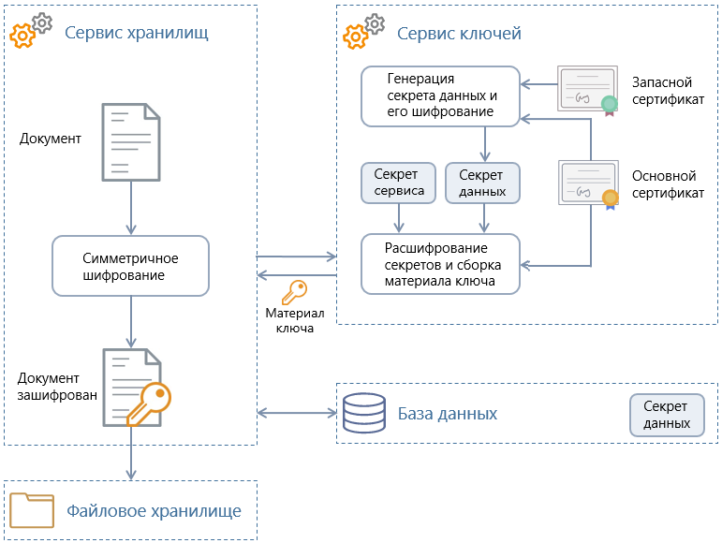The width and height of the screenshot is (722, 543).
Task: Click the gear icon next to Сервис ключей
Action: coord(363,32)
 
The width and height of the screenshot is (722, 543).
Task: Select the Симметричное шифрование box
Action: coord(130,266)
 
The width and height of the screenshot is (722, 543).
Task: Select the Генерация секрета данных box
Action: coord(440,95)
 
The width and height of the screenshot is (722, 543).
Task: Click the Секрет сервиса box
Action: coord(399,183)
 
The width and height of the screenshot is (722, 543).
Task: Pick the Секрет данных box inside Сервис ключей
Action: coord(483,183)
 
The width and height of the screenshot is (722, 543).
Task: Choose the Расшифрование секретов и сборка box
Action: coord(440,264)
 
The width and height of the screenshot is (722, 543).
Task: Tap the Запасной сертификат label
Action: coord(668,91)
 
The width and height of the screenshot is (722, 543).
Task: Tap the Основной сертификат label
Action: coord(668,184)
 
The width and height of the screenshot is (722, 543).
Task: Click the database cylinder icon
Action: coord(363,413)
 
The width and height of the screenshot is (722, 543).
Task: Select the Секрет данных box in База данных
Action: coord(667,415)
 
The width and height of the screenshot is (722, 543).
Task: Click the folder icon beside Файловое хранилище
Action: coord(32,510)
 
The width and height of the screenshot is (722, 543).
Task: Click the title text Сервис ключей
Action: coord(459,34)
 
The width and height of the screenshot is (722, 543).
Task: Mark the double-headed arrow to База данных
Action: coord(296,413)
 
